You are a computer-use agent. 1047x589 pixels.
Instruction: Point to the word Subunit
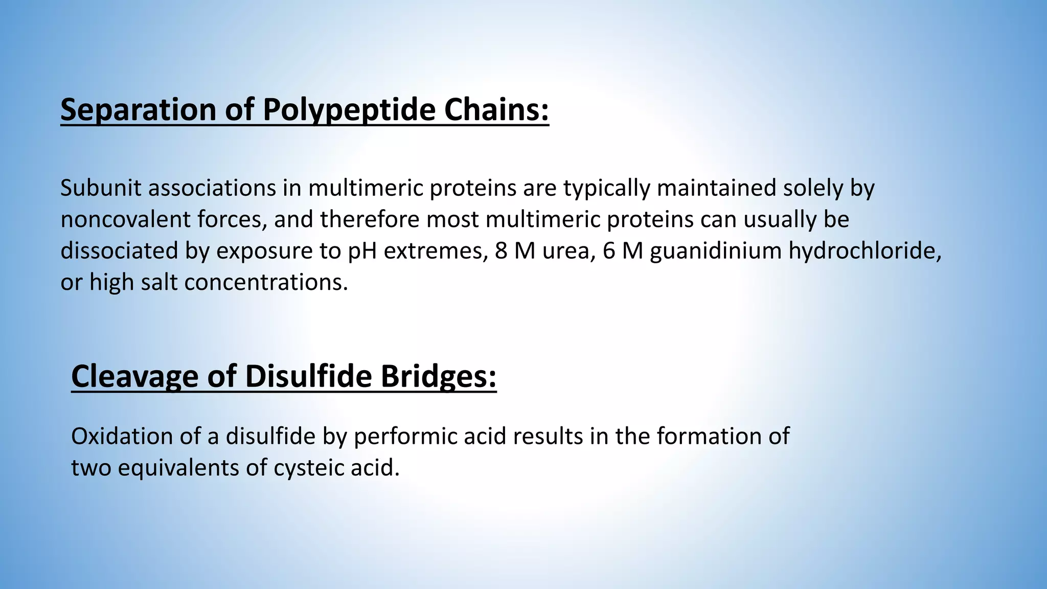(101, 188)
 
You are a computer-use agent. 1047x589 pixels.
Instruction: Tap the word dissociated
(119, 251)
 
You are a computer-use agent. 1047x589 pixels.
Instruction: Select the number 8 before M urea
(501, 251)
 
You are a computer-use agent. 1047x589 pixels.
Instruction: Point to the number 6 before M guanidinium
(609, 251)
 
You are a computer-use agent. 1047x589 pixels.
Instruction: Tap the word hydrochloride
(864, 251)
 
